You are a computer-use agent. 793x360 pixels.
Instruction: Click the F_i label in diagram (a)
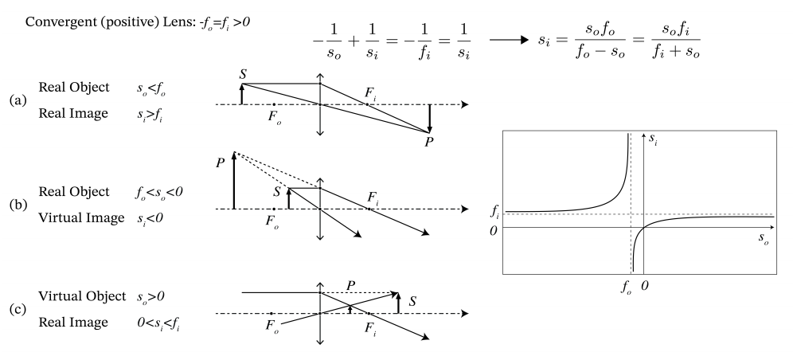[370, 94]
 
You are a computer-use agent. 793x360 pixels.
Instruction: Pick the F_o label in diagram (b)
[274, 221]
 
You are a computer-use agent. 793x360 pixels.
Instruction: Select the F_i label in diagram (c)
[370, 327]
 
